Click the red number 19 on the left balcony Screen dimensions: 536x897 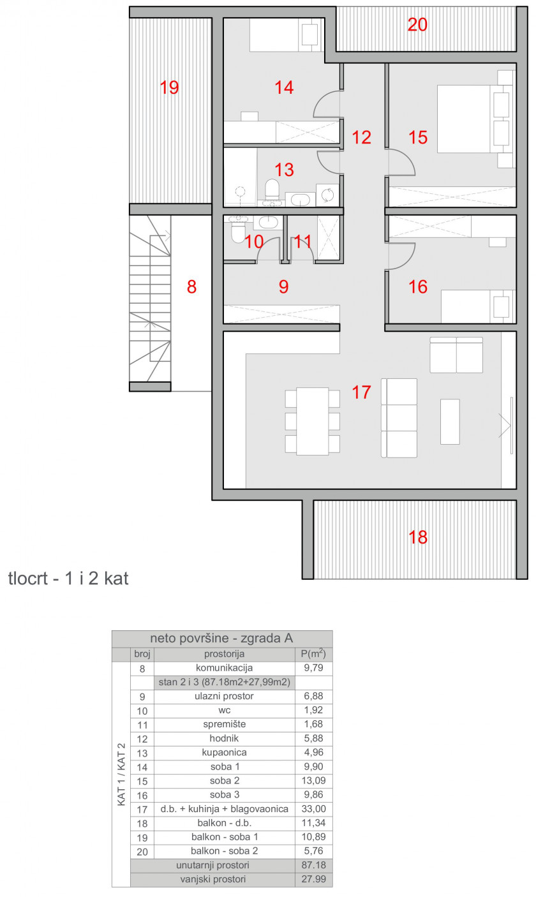pyautogui.click(x=169, y=87)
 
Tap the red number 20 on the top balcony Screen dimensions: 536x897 pyautogui.click(x=417, y=25)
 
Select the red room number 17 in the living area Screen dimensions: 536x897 pyautogui.click(x=361, y=392)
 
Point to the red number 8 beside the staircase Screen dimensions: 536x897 pyautogui.click(x=191, y=286)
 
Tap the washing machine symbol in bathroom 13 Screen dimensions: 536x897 pyautogui.click(x=327, y=195)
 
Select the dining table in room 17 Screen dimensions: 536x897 pyautogui.click(x=313, y=421)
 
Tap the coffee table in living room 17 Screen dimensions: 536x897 pyautogui.click(x=450, y=422)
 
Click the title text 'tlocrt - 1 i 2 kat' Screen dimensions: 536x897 pyautogui.click(x=68, y=578)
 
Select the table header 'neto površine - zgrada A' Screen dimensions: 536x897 pyautogui.click(x=221, y=638)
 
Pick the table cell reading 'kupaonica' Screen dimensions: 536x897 pyautogui.click(x=224, y=752)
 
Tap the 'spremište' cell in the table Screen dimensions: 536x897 pyautogui.click(x=225, y=724)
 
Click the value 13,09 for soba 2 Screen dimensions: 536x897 pyautogui.click(x=314, y=780)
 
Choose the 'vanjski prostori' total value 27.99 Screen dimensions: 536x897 pyautogui.click(x=314, y=879)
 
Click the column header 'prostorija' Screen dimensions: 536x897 pyautogui.click(x=225, y=654)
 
